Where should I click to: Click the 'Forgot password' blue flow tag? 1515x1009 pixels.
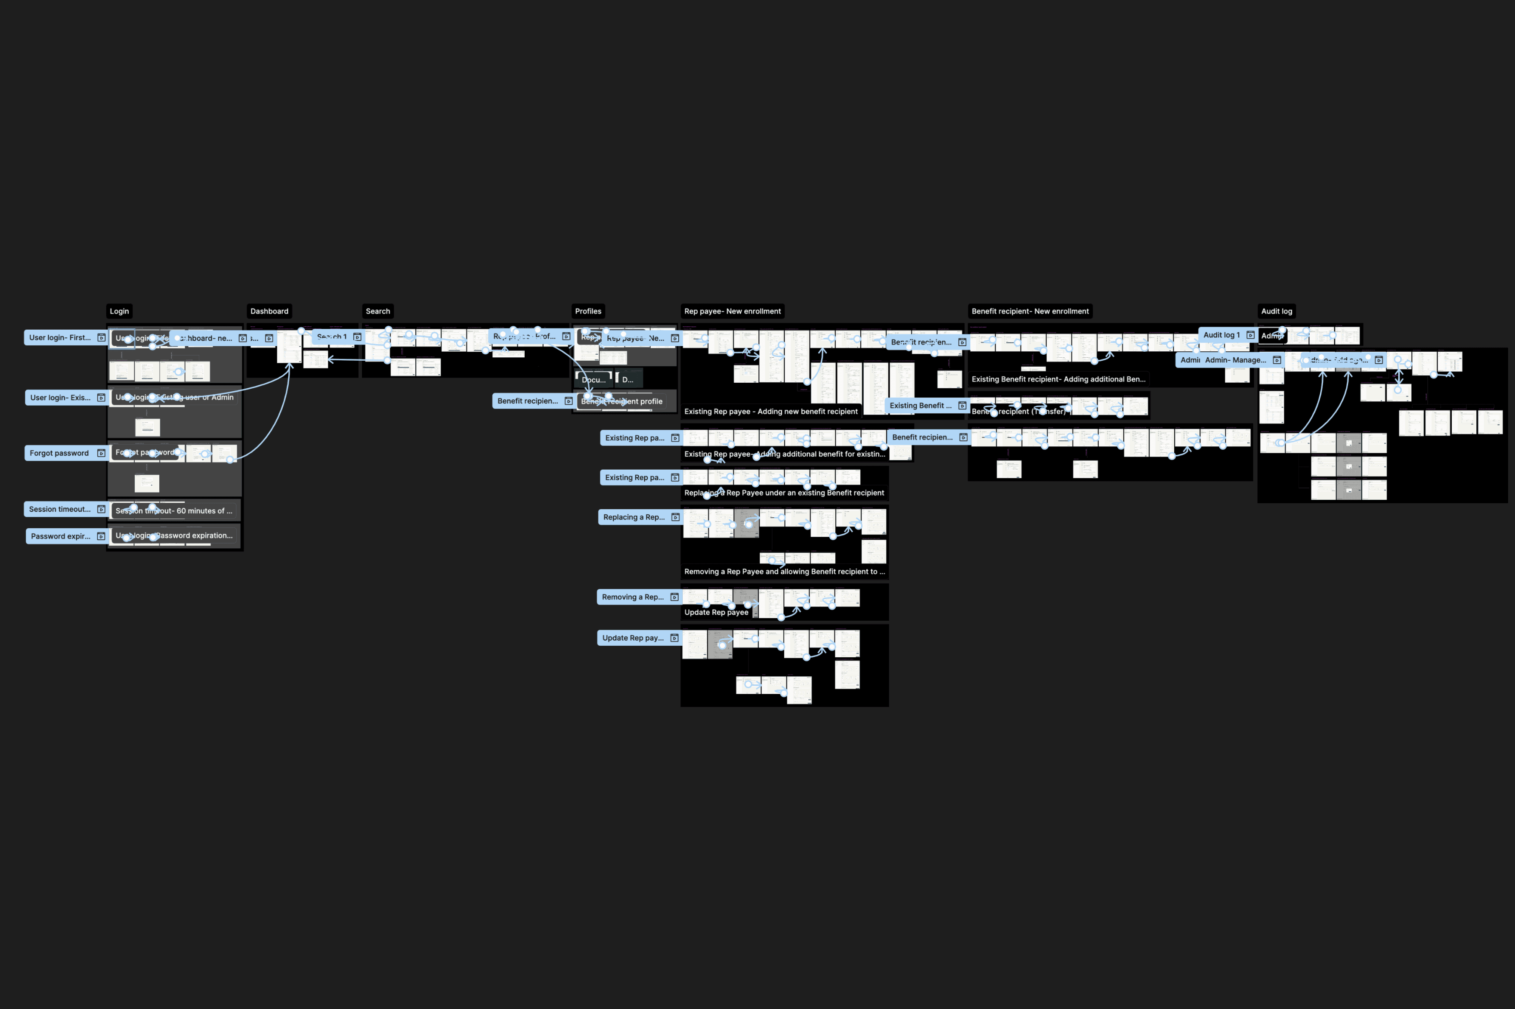pos(59,453)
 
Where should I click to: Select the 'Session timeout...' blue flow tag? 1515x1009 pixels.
pos(60,509)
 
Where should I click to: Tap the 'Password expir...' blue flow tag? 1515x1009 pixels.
pos(61,536)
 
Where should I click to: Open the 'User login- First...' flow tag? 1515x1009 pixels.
pos(60,337)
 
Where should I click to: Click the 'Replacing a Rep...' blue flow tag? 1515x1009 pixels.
pos(634,517)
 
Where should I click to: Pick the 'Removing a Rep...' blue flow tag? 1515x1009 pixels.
pos(632,597)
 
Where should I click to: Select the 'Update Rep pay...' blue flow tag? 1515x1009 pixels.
pos(632,638)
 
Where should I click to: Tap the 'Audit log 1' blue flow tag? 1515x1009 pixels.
pos(1221,334)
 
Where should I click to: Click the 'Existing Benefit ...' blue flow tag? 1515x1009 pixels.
pos(920,405)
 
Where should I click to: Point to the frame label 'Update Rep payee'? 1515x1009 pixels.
pos(716,612)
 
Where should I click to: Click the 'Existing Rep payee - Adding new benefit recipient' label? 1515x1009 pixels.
pos(771,411)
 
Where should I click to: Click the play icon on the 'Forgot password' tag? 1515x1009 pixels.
pos(101,453)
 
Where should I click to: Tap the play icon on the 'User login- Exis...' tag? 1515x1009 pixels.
pos(101,398)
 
